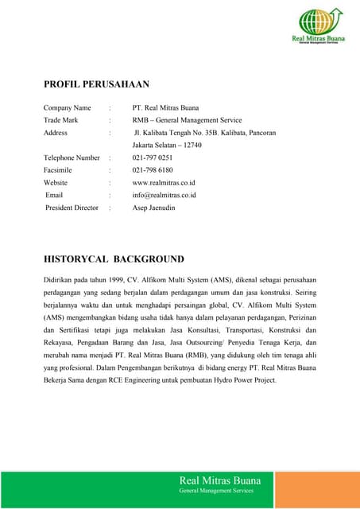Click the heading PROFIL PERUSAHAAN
(x=96, y=84)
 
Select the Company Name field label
(x=67, y=107)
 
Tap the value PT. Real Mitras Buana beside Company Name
(x=165, y=107)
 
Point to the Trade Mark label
(x=61, y=120)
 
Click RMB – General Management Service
(x=187, y=120)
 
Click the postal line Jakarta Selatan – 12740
(x=167, y=146)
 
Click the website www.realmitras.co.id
(x=165, y=182)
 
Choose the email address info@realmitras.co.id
(x=165, y=195)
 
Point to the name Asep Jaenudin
(x=153, y=208)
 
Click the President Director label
(x=72, y=208)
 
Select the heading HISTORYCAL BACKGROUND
(x=114, y=259)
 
